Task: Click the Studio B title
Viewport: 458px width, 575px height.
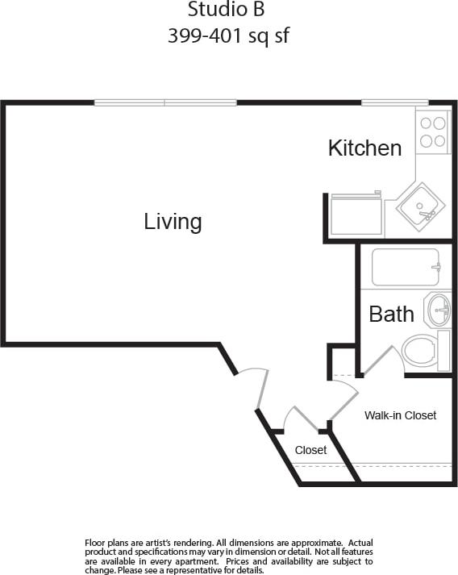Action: coord(226,10)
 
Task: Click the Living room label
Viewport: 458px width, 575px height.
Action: coord(173,222)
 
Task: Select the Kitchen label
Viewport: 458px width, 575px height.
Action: coord(364,148)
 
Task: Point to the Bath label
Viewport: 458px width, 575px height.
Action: coord(391,314)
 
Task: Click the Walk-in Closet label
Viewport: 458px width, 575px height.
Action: coord(400,415)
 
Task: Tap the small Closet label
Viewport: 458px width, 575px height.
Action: coord(310,450)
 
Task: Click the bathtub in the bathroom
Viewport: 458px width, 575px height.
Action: coord(406,267)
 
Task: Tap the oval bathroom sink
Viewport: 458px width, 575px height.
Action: coord(439,308)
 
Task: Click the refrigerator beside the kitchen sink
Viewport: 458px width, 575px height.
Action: coord(356,215)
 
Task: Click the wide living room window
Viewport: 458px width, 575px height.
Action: coord(165,102)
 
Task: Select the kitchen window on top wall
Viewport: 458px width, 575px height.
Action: coord(394,102)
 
